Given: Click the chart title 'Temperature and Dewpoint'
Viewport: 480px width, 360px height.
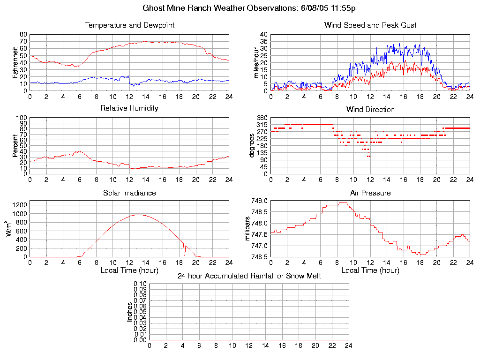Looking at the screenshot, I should point(129,25).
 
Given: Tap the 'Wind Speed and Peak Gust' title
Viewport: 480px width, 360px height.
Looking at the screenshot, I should point(370,25).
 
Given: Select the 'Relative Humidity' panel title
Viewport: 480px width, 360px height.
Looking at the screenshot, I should point(129,108).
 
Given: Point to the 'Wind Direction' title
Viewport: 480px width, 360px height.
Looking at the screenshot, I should point(370,110).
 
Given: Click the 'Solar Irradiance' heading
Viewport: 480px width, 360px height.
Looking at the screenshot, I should point(129,193).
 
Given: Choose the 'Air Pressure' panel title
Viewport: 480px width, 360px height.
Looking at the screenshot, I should point(370,193).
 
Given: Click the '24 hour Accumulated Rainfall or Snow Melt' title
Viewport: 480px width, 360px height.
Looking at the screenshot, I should point(249,276).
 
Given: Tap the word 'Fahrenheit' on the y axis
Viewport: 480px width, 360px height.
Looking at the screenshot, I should point(15,62).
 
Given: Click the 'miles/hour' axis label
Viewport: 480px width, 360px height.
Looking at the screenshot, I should point(256,62).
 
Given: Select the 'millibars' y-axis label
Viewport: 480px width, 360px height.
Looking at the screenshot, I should point(248,228).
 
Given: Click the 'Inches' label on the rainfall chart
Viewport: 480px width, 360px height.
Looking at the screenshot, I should point(130,312).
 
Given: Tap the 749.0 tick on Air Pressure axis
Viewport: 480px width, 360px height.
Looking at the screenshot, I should point(260,201).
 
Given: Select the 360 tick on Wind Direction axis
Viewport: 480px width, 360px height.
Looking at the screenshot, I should point(262,118).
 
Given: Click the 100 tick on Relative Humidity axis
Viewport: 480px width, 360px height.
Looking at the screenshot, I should point(22,118).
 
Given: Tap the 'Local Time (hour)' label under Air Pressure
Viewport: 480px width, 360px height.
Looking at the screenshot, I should point(370,270).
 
